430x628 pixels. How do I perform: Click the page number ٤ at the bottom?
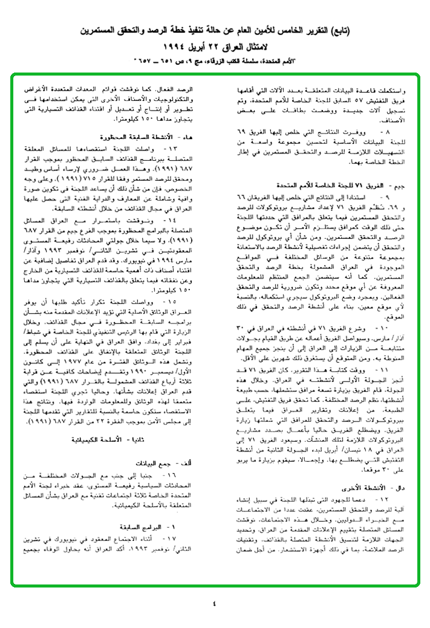214,603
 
